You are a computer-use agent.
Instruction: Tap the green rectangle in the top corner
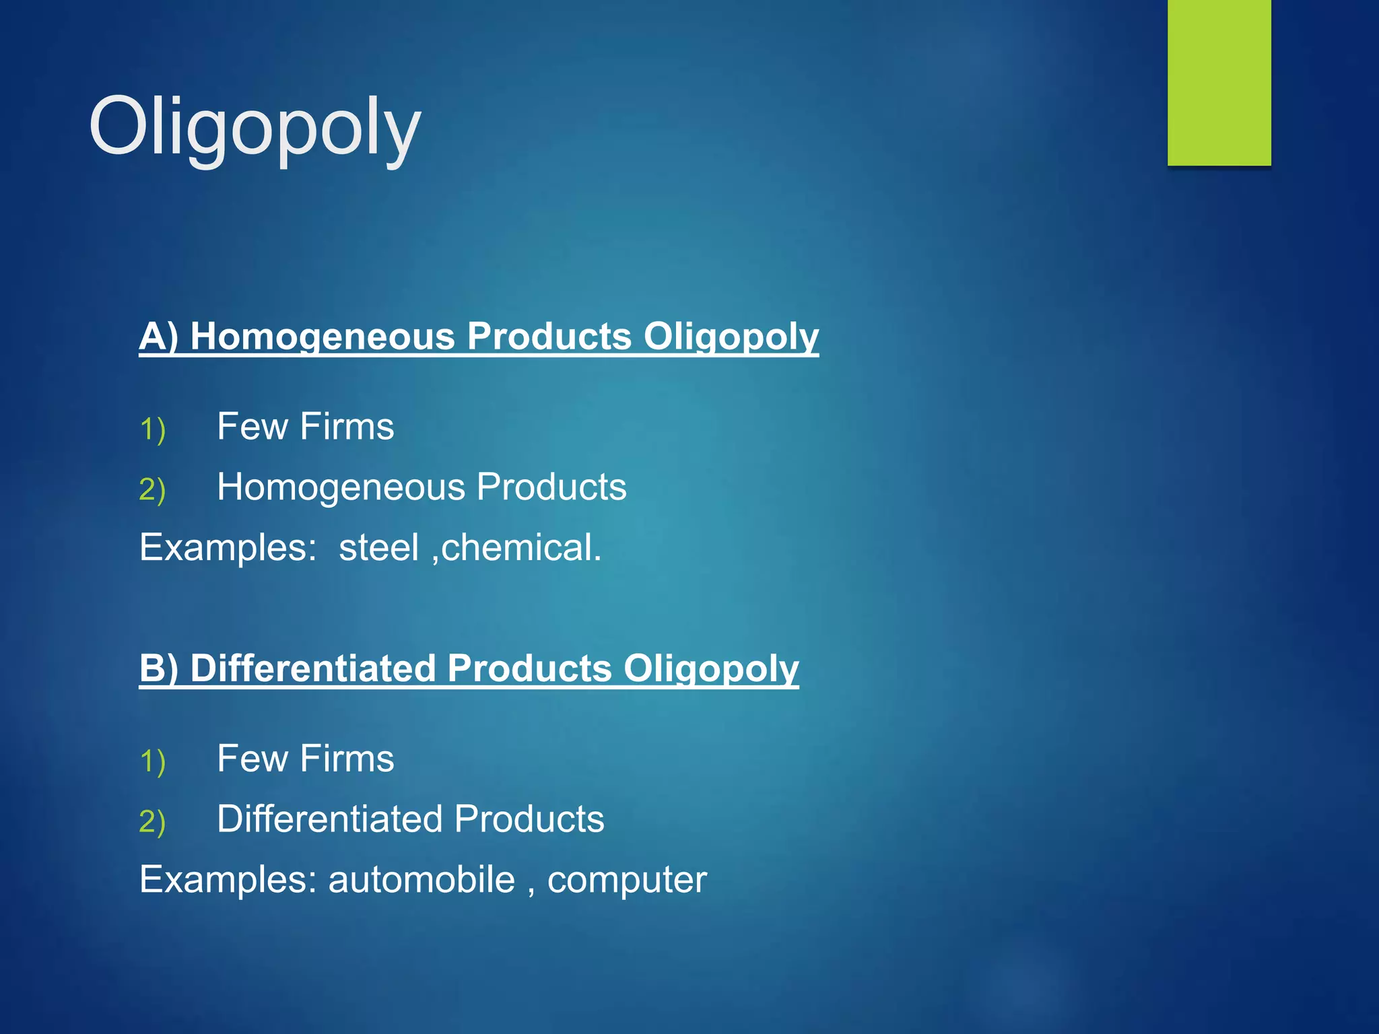coord(1219,82)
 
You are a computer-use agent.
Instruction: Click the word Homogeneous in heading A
coord(323,336)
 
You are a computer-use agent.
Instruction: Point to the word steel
coord(378,547)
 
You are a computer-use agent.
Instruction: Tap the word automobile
coord(422,879)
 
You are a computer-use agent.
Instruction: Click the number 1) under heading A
coord(152,429)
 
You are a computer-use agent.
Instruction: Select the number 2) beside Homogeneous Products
coord(152,489)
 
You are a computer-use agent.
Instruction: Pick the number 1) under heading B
coord(152,761)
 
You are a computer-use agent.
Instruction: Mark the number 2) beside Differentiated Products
coord(152,821)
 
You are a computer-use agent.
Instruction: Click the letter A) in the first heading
coord(159,336)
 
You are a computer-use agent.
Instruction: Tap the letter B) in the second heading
coord(159,668)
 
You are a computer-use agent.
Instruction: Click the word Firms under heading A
coord(347,427)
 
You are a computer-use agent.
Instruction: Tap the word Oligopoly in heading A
coord(731,337)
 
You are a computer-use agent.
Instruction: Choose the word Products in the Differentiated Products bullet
coord(529,819)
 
